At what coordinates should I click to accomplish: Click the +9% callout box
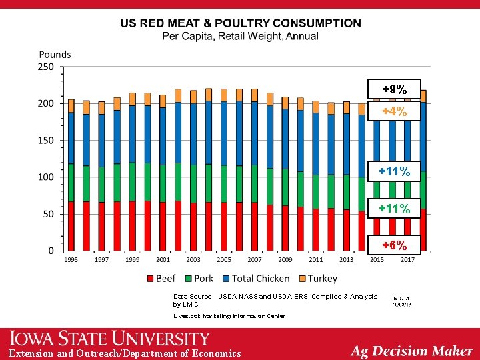point(394,88)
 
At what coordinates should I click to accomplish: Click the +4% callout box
point(394,111)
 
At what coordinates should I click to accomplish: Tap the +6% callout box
point(394,245)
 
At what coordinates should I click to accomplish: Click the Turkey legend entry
point(317,278)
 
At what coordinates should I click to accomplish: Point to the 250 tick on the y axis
point(46,67)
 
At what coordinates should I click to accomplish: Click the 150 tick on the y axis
point(46,141)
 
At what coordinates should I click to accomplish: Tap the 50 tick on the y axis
point(48,214)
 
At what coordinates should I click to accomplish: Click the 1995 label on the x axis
point(71,259)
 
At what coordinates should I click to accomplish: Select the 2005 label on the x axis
point(223,259)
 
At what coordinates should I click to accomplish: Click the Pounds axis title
point(55,54)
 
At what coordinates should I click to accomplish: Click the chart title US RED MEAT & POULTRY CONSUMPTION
point(241,23)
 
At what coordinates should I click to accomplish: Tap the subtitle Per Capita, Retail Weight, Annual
point(241,36)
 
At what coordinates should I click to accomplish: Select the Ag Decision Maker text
point(411,351)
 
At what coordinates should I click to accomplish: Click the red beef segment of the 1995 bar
point(71,225)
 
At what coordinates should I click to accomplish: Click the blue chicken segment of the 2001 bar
point(163,136)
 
